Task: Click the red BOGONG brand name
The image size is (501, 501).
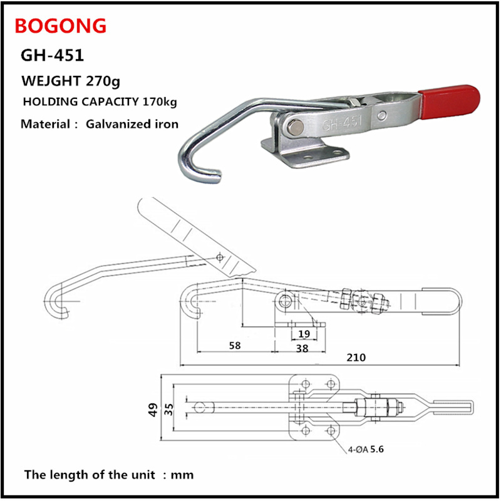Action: pos(60,26)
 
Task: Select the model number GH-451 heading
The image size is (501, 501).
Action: pos(52,55)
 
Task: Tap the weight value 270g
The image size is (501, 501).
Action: pos(103,81)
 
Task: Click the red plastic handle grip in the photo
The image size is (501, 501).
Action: pos(449,101)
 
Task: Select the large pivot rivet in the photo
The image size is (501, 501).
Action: pos(295,127)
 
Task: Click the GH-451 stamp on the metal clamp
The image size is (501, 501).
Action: pos(342,123)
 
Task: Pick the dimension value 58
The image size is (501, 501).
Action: pos(235,346)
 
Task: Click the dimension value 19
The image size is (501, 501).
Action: pos(304,334)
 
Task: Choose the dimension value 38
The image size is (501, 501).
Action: pos(302,348)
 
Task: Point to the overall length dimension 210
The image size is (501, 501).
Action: pos(356,357)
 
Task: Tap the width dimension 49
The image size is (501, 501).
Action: pos(153,410)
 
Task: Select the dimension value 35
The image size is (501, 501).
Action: pos(169,410)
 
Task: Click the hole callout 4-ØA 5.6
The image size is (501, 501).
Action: pos(366,449)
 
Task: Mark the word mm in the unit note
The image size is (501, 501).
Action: pos(182,475)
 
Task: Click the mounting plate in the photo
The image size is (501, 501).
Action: pos(305,154)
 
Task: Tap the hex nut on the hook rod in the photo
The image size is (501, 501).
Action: pos(354,102)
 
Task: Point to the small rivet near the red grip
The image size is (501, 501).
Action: pos(382,115)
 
